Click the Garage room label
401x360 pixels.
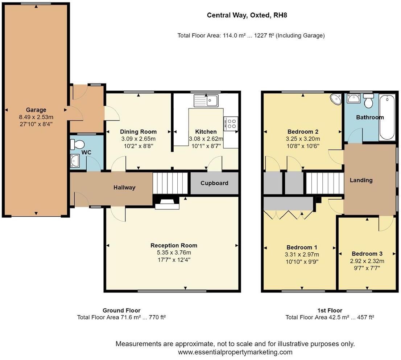pos(36,110)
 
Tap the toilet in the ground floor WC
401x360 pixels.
pos(77,144)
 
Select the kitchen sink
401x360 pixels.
pos(206,101)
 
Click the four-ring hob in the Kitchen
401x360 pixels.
pos(231,123)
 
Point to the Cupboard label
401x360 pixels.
pos(214,183)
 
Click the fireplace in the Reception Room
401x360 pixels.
pos(167,203)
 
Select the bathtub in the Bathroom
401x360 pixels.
pos(387,117)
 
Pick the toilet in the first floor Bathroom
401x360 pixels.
pos(369,101)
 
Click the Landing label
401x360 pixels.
pos(361,180)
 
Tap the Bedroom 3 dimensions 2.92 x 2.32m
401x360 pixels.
pos(367,261)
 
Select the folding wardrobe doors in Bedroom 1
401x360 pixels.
pos(288,215)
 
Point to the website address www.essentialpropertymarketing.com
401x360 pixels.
pos(235,352)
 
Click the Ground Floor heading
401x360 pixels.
pos(121,310)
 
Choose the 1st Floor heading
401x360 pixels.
pos(330,310)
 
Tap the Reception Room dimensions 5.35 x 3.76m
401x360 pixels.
pos(174,253)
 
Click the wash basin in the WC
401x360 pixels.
pos(75,160)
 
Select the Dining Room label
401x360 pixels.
pos(138,132)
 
